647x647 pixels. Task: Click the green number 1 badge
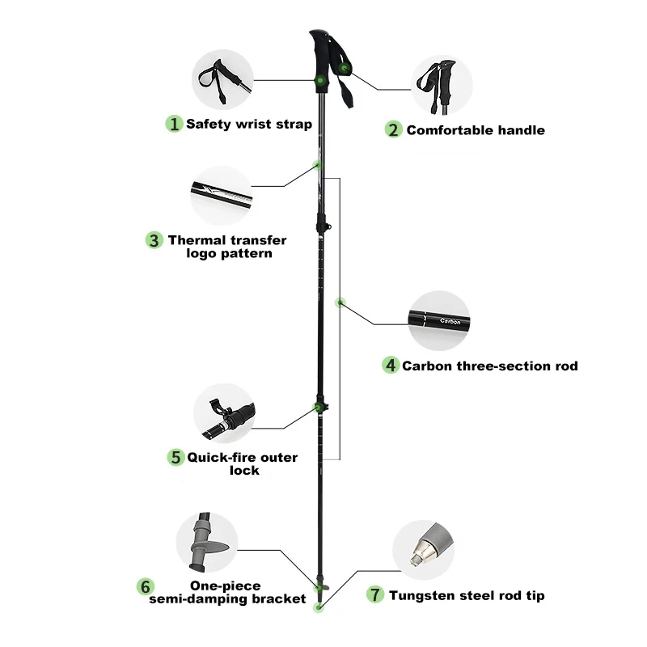coord(174,124)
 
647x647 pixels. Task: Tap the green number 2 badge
coord(393,129)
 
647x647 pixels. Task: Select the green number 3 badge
coord(154,240)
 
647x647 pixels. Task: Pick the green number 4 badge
coord(391,366)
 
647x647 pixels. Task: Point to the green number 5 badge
coord(175,457)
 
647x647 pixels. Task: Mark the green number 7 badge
coord(374,595)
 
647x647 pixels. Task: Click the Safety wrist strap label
coord(248,124)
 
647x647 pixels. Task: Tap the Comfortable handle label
coord(476,130)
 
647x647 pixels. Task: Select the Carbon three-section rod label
coord(490,366)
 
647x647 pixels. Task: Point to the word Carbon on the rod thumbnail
coord(450,320)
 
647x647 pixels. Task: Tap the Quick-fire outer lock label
coord(243,463)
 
